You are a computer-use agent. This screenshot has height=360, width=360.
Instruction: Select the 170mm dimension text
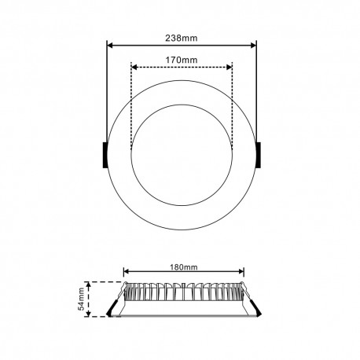click(181, 58)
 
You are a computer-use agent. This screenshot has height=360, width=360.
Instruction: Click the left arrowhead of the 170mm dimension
click(134, 68)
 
